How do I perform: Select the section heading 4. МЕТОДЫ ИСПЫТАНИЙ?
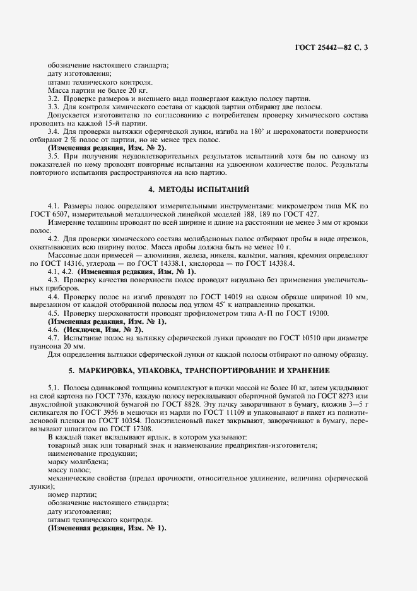208,189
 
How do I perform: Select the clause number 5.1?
54,386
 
